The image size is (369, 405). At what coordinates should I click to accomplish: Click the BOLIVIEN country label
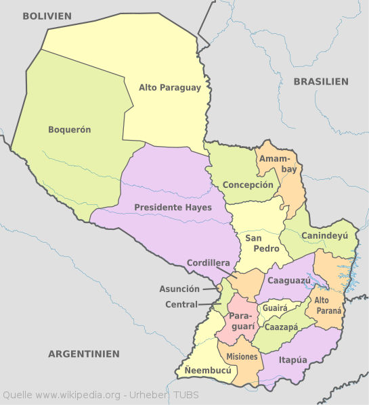(47, 16)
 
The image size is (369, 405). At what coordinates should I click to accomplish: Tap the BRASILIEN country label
(321, 81)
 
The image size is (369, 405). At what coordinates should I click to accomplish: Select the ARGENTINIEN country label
(84, 354)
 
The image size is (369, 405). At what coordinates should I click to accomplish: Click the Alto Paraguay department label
(170, 87)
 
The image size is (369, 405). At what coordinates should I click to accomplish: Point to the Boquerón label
(70, 129)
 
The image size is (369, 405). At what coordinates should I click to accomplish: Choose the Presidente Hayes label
(173, 207)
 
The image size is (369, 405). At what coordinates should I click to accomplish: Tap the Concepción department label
(248, 185)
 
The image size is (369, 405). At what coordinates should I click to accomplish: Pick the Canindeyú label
(324, 236)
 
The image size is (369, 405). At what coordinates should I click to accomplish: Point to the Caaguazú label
(289, 280)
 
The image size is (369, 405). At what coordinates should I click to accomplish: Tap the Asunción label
(179, 289)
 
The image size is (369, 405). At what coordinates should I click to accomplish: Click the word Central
(181, 304)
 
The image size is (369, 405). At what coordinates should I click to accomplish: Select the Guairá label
(275, 307)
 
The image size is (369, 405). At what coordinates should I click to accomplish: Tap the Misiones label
(242, 356)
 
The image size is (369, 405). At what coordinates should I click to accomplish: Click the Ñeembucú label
(208, 371)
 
